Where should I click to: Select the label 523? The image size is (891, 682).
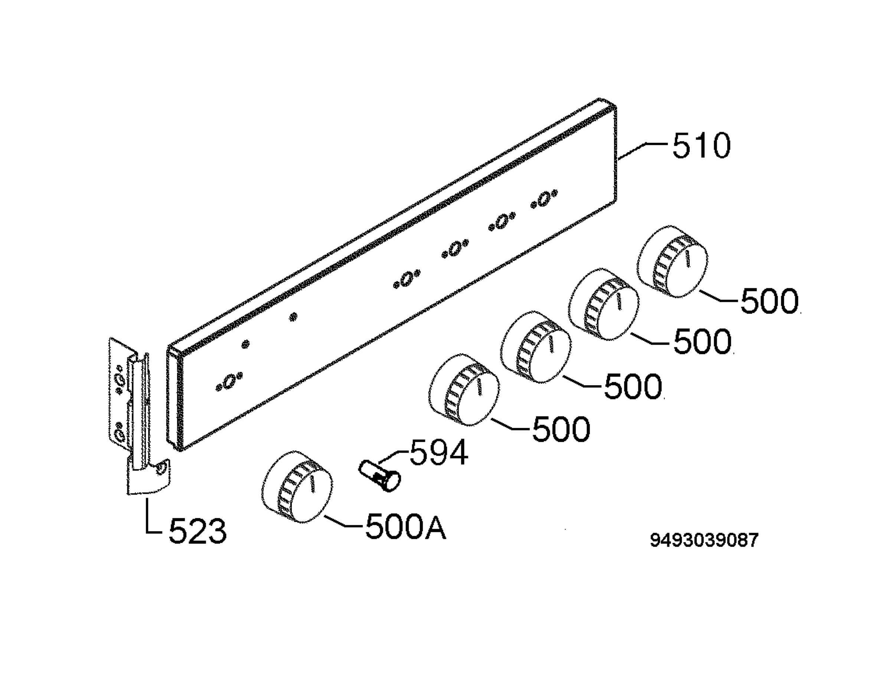[x=198, y=531]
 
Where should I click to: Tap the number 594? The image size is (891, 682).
[x=439, y=453]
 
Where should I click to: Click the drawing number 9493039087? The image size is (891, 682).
[x=704, y=540]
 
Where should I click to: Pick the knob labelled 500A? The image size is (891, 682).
[x=297, y=486]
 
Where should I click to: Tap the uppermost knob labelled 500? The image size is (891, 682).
[x=672, y=261]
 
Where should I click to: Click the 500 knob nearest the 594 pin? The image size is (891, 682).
[x=464, y=390]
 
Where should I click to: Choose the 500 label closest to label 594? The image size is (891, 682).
[x=561, y=429]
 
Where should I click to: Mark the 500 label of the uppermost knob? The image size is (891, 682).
[x=770, y=301]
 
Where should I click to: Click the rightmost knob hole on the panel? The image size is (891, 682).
[x=544, y=199]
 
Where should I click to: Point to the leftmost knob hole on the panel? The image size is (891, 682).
[x=229, y=382]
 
